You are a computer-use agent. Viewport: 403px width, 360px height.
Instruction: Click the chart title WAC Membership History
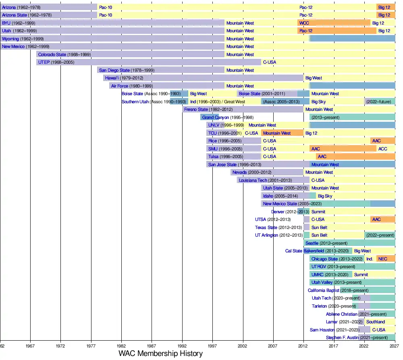coord(160,354)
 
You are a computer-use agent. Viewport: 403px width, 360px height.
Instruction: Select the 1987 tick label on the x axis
coord(152,346)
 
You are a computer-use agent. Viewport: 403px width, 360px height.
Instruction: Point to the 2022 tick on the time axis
coord(364,346)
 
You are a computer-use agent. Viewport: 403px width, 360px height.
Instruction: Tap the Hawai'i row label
coord(112,78)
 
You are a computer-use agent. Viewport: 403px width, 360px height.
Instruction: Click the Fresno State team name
coord(196,109)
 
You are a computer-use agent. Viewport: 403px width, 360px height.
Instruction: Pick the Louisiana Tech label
coord(253,180)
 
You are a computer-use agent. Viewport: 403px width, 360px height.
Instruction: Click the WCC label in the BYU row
coord(304,23)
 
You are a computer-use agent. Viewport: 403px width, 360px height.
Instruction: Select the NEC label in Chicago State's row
coord(382,259)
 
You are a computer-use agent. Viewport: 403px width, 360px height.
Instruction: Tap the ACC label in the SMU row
coord(382,149)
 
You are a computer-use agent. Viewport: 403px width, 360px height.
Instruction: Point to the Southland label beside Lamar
coord(375,322)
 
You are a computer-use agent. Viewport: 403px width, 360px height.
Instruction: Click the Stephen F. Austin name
coord(342,337)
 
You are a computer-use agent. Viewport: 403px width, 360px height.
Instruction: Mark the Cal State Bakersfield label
coord(305,251)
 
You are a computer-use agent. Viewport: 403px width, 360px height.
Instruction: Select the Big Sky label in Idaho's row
coord(325,196)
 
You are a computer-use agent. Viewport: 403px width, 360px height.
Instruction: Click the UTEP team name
coord(44,62)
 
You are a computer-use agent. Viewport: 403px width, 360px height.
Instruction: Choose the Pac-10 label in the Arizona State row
coord(105,15)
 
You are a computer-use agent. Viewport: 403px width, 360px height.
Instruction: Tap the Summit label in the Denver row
coord(318,212)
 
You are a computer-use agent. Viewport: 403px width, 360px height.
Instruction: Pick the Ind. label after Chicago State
coord(370,259)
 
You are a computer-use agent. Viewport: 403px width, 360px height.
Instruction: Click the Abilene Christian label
coord(342,314)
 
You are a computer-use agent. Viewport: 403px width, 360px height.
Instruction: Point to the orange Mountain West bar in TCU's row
coord(282,133)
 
